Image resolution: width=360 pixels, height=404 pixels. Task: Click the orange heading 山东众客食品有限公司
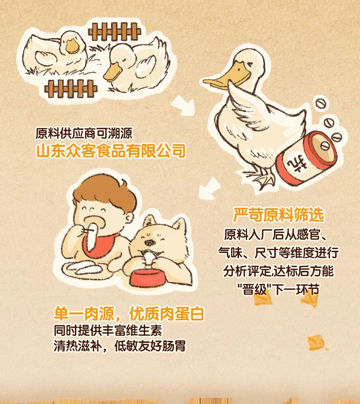point(111,151)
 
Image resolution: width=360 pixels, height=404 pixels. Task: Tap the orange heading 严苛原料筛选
point(279,215)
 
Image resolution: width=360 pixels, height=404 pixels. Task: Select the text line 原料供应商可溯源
point(84,133)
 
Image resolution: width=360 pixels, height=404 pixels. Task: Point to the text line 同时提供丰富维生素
point(108,331)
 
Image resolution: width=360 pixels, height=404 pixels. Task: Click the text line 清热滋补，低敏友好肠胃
point(120,346)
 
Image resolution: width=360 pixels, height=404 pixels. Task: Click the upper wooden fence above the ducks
point(114,32)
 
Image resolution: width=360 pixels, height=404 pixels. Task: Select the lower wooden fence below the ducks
point(71,88)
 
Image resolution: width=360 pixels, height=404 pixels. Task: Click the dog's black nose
point(149,242)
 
